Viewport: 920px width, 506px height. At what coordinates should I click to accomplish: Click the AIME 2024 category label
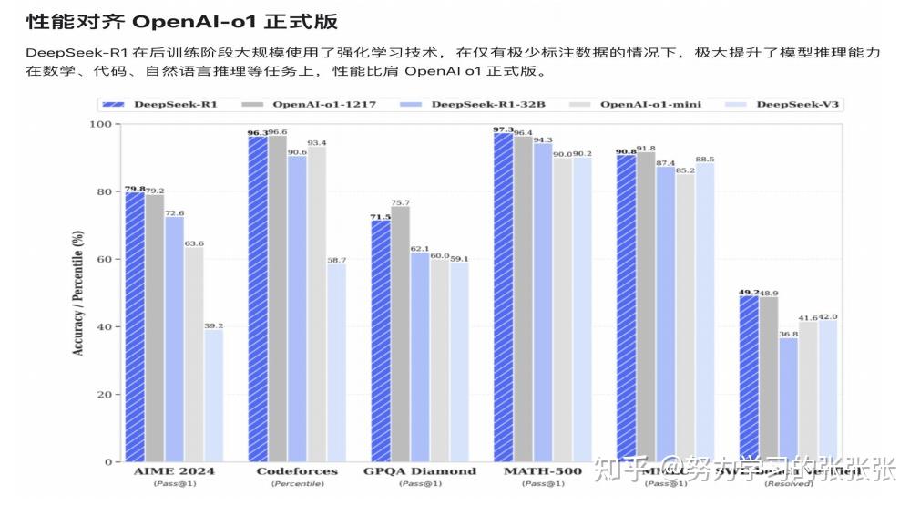pyautogui.click(x=173, y=471)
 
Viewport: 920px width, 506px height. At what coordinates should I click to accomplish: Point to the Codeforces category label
pyautogui.click(x=297, y=471)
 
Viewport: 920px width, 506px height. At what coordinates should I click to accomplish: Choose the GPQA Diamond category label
pyautogui.click(x=420, y=471)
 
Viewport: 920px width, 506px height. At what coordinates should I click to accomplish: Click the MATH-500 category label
pyautogui.click(x=543, y=471)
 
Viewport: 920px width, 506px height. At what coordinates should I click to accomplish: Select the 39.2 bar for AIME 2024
pyautogui.click(x=214, y=396)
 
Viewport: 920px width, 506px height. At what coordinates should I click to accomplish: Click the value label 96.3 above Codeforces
pyautogui.click(x=258, y=133)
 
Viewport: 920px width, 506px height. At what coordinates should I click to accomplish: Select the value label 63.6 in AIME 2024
pyautogui.click(x=194, y=243)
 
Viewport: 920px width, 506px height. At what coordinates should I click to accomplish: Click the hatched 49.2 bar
pyautogui.click(x=749, y=378)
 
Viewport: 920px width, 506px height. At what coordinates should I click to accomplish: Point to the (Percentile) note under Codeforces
pyautogui.click(x=297, y=483)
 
